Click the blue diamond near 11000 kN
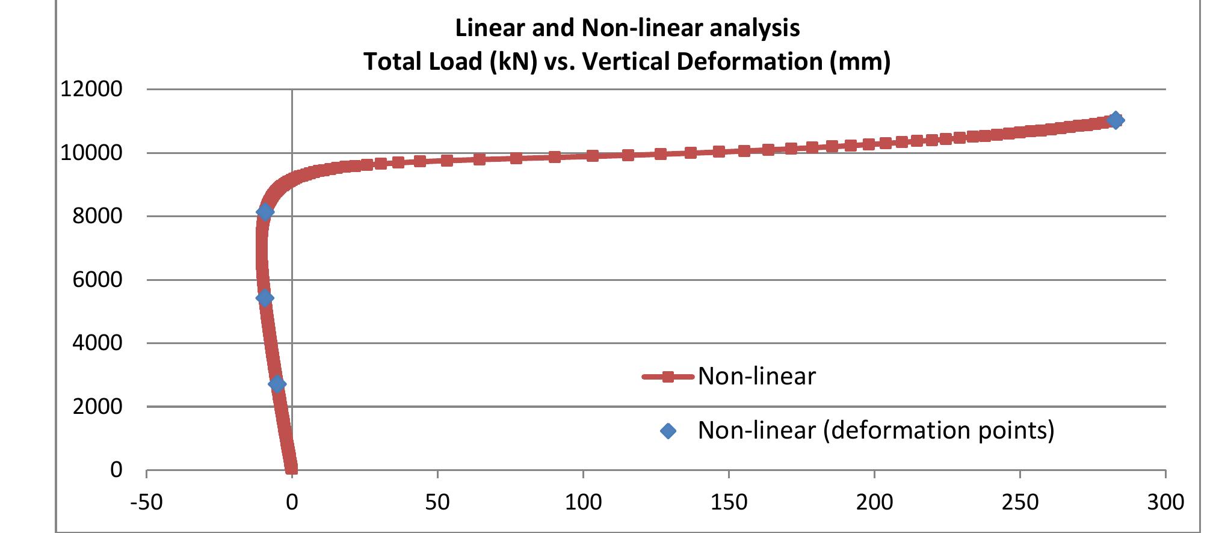point(1115,120)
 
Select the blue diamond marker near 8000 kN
point(265,211)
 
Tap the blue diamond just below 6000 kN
point(265,298)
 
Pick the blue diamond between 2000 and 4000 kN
point(277,384)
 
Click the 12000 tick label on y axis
point(91,89)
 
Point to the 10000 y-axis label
point(91,153)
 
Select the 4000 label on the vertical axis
point(97,343)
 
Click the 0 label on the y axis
point(116,470)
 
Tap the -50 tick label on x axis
point(146,502)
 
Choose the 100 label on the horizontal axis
point(583,502)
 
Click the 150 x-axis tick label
point(729,502)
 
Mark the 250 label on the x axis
point(1020,502)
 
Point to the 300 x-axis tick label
point(1165,502)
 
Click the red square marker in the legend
point(667,377)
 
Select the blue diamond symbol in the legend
point(668,431)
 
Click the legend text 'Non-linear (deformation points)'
point(875,430)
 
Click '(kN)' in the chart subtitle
point(513,61)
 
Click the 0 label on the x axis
point(292,502)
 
